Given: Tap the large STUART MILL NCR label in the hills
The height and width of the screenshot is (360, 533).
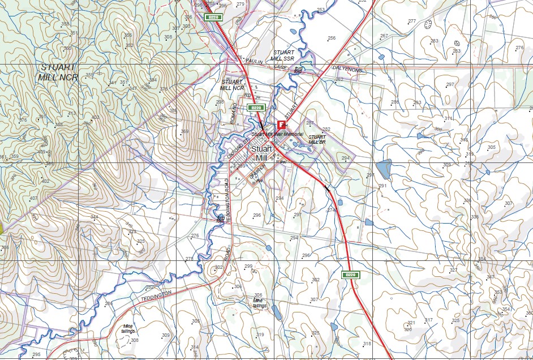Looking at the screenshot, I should click(x=58, y=72).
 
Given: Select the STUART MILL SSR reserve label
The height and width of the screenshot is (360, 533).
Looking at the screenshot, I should click(x=282, y=55).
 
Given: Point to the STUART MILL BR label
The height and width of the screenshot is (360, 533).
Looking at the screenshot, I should click(x=317, y=139).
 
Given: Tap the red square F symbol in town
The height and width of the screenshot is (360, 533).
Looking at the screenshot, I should click(x=281, y=125).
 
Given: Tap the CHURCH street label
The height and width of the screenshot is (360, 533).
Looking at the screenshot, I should click(x=259, y=171).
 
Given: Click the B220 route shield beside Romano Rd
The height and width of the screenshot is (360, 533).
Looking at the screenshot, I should click(x=256, y=108).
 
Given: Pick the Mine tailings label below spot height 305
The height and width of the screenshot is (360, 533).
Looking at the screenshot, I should click(x=260, y=303).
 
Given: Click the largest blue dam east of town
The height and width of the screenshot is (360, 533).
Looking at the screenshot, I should click(x=384, y=169).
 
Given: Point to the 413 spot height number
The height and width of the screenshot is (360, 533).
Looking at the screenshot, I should click(x=72, y=114).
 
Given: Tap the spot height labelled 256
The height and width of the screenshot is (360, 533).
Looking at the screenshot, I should click(x=332, y=38).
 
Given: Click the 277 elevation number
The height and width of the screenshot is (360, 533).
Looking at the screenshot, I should click(x=412, y=21).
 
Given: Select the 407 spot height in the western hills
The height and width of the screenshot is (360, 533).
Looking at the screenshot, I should click(x=34, y=198).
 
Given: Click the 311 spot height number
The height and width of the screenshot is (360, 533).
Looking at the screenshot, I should click(x=448, y=118).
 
